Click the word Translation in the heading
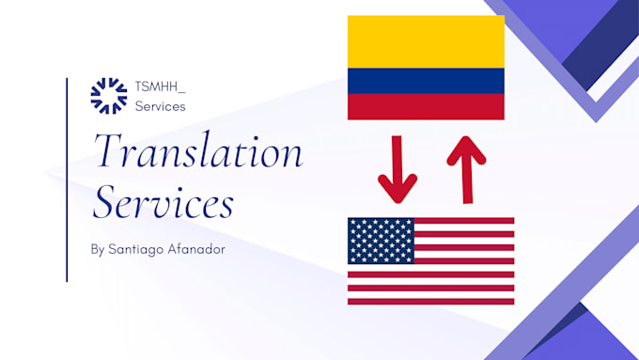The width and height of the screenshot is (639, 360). (196, 153)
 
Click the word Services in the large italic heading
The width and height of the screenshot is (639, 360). (163, 202)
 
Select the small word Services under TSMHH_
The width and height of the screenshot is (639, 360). (160, 106)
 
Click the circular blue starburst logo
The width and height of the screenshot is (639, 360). (108, 95)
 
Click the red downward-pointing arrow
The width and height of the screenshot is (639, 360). (397, 170)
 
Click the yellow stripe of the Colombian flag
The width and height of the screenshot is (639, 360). (426, 41)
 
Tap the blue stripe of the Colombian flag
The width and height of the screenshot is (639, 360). (426, 81)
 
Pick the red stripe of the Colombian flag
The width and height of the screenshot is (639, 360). (426, 106)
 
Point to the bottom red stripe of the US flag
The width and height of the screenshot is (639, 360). (430, 301)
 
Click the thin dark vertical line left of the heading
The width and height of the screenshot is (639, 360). (67, 179)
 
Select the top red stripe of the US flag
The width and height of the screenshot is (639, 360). (464, 221)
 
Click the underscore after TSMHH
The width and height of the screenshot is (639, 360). (182, 90)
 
